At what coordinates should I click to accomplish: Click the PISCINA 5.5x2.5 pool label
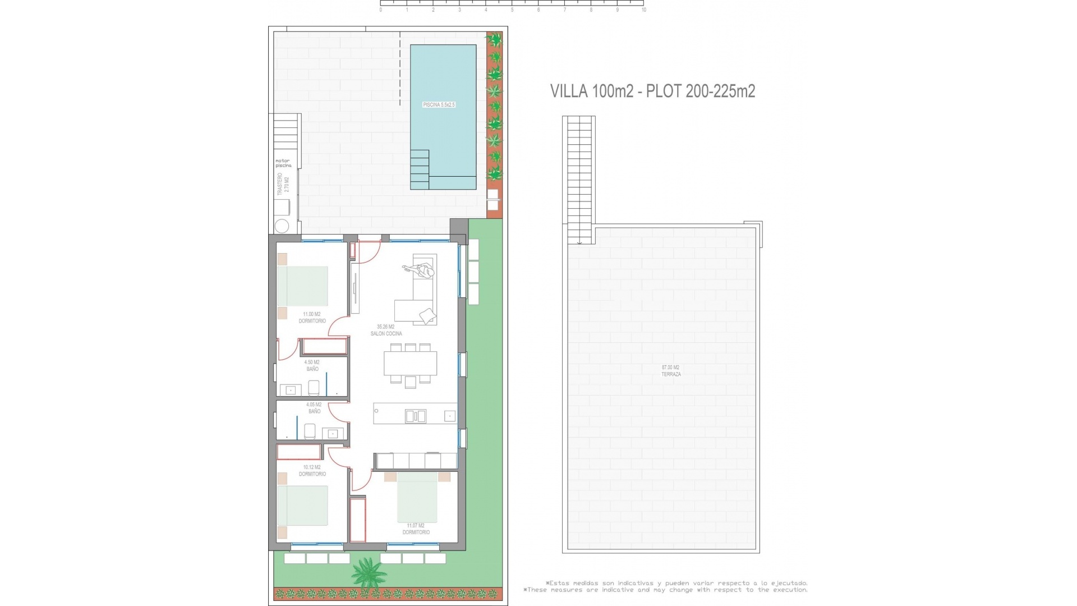439,105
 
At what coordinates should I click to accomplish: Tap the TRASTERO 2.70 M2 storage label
283,185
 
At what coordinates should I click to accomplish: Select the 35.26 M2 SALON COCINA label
386,330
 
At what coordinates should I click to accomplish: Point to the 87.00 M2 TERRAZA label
671,371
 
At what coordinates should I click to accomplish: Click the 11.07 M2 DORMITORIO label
416,529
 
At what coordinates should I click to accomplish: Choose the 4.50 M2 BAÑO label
312,366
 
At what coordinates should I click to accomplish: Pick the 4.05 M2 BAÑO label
314,408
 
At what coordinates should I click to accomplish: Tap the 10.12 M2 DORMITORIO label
312,471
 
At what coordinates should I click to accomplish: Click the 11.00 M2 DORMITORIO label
312,318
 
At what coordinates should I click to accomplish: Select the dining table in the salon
411,364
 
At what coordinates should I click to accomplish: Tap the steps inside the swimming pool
420,169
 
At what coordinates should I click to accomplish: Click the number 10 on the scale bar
643,10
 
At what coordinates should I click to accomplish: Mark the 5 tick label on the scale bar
512,10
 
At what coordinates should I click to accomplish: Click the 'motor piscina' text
283,163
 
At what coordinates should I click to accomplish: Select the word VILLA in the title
569,91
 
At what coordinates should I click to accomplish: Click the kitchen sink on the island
415,416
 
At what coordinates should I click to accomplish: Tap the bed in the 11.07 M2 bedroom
417,498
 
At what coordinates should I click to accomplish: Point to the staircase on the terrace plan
579,180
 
